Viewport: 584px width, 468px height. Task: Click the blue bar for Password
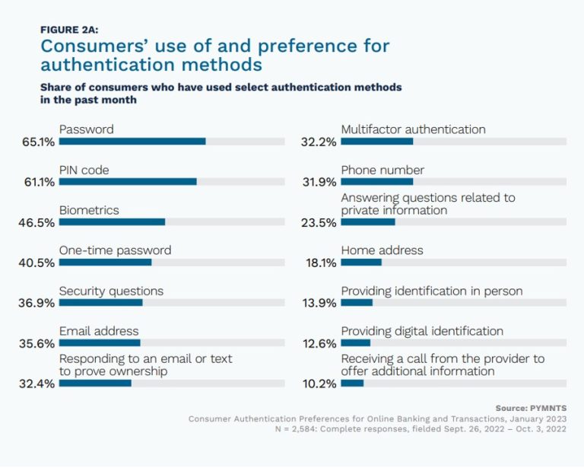[132, 142]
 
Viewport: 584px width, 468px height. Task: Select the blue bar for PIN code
[128, 182]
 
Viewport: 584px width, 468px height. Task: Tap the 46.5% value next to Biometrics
[36, 222]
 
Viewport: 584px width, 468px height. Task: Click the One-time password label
[115, 250]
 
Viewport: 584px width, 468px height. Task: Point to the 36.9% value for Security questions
[36, 303]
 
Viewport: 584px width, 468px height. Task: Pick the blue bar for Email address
[100, 342]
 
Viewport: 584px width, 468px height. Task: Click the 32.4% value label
[36, 384]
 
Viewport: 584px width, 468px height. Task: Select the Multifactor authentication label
[414, 129]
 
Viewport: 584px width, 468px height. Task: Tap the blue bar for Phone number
[377, 182]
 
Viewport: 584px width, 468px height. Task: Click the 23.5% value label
[319, 222]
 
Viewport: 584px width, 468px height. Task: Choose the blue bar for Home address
[361, 263]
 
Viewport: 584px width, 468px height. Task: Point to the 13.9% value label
[319, 303]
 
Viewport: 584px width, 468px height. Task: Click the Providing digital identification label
[422, 331]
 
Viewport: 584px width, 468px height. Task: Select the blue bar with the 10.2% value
[352, 383]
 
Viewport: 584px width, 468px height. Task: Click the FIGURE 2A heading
[69, 30]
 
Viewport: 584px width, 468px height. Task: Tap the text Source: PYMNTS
[531, 408]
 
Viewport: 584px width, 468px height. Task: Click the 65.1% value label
[38, 142]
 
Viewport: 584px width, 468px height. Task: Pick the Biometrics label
[89, 210]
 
